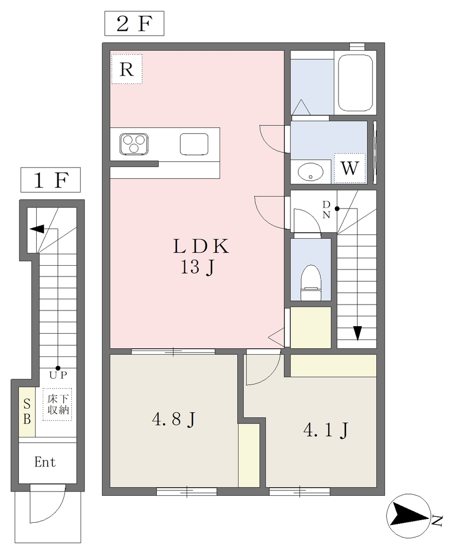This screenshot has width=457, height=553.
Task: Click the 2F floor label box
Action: (x=134, y=24)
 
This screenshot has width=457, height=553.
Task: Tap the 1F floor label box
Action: (x=50, y=180)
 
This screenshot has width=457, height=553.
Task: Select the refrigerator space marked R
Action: (x=127, y=69)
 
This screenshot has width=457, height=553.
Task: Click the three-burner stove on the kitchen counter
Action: (x=134, y=144)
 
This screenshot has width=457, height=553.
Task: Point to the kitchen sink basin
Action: (x=194, y=144)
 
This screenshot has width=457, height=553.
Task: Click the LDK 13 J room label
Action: (x=200, y=257)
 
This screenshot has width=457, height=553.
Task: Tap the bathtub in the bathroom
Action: (x=355, y=83)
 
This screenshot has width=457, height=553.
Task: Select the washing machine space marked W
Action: (x=349, y=168)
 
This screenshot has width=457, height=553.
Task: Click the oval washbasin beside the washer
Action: (x=310, y=172)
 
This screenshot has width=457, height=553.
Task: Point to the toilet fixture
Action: (x=310, y=282)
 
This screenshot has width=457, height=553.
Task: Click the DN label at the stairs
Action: (x=326, y=210)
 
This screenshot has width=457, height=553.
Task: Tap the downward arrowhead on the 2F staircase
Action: (x=357, y=333)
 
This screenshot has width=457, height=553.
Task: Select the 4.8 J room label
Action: (x=174, y=419)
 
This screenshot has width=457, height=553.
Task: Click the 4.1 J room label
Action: (x=326, y=430)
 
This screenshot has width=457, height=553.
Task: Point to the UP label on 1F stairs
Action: (x=58, y=375)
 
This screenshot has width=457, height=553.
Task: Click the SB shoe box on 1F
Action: (x=27, y=412)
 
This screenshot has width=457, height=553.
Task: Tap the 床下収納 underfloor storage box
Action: (x=57, y=404)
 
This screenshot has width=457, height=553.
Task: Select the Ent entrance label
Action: (x=45, y=462)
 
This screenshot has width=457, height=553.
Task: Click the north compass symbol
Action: (x=409, y=516)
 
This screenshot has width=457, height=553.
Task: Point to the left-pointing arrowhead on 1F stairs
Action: (x=37, y=229)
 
